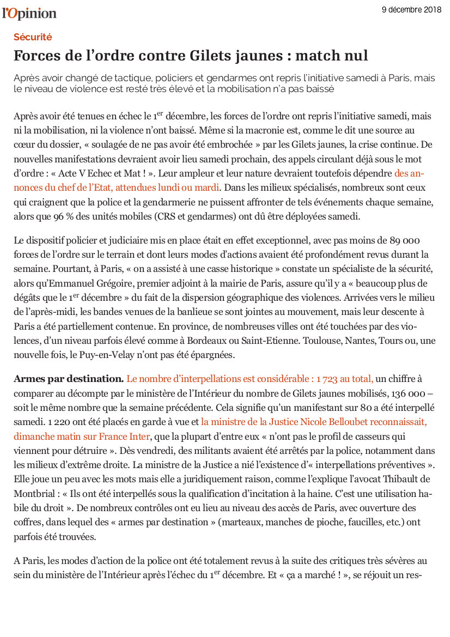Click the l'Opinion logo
click(29, 13)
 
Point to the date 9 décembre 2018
click(412, 10)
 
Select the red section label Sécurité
click(33, 37)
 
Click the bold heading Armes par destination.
click(69, 379)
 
